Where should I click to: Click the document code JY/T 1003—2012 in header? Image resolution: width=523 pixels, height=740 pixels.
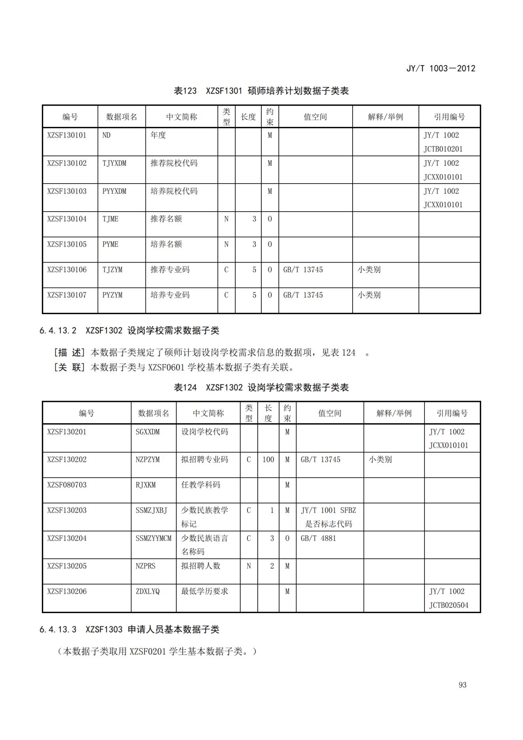440,68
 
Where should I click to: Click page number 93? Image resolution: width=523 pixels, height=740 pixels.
463,685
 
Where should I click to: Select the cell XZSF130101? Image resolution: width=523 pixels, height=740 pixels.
66,135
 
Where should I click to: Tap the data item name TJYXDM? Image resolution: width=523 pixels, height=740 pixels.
114,163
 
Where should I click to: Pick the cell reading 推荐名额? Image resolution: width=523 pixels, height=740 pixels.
166,219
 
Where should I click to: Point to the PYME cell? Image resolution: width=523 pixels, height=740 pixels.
110,244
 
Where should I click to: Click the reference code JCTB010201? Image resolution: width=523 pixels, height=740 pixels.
443,149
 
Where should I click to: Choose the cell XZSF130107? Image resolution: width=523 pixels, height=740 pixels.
66,295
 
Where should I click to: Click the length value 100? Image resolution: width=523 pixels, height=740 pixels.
268,460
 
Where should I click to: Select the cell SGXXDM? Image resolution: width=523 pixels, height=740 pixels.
147,432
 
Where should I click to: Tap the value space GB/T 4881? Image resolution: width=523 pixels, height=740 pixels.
318,538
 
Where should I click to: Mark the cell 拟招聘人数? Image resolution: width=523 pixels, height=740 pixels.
200,566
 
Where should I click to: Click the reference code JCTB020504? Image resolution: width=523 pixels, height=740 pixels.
449,605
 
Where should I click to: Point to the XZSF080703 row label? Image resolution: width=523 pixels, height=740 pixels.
66,485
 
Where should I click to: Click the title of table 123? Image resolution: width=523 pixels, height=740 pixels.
261,91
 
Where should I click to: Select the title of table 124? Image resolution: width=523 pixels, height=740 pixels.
261,388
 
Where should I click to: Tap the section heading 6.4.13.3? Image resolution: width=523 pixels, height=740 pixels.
129,630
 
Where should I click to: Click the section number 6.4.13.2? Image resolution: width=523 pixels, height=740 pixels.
58,331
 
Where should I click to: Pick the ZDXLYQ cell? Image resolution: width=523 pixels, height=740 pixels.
147,591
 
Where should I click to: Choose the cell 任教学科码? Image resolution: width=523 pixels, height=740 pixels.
200,485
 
